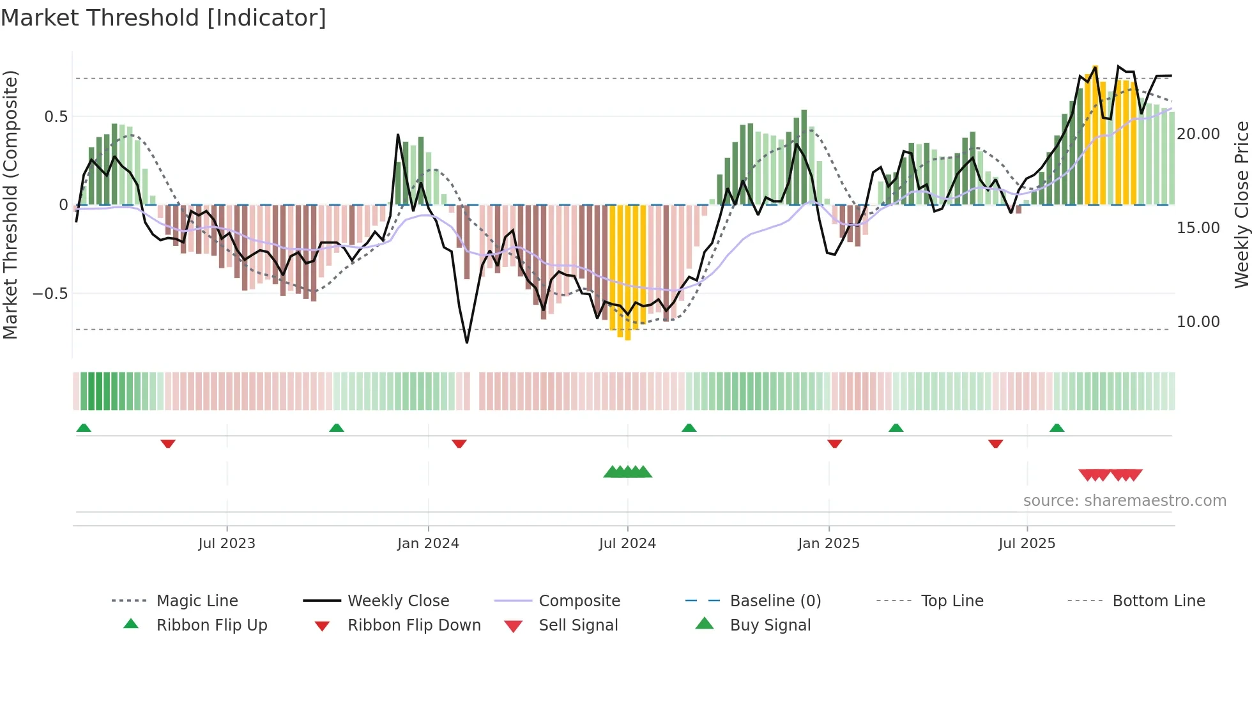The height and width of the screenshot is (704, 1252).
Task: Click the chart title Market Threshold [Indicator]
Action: pos(164,18)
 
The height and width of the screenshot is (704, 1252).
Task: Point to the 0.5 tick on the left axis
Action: pos(56,116)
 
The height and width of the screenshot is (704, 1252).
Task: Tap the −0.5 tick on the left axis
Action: pos(50,294)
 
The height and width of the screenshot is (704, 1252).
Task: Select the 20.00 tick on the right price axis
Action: pos(1198,134)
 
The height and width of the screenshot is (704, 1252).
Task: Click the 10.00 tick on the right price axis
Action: pos(1198,322)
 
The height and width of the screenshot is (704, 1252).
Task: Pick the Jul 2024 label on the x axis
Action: pos(627,544)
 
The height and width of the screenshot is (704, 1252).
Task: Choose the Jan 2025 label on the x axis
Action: pos(828,544)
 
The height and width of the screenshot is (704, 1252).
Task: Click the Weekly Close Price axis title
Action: pos(1241,204)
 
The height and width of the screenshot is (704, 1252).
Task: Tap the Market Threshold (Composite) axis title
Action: pos(11,204)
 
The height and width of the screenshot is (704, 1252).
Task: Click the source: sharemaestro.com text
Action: pos(1124,501)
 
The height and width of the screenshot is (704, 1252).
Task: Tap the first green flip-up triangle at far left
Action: pos(84,428)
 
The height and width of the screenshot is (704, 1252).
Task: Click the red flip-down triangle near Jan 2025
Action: pos(834,443)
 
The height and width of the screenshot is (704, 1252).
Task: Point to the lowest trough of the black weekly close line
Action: pos(467,342)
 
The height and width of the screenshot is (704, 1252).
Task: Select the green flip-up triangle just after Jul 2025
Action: pos(1057,428)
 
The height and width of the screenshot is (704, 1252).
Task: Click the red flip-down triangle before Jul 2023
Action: pos(168,443)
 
